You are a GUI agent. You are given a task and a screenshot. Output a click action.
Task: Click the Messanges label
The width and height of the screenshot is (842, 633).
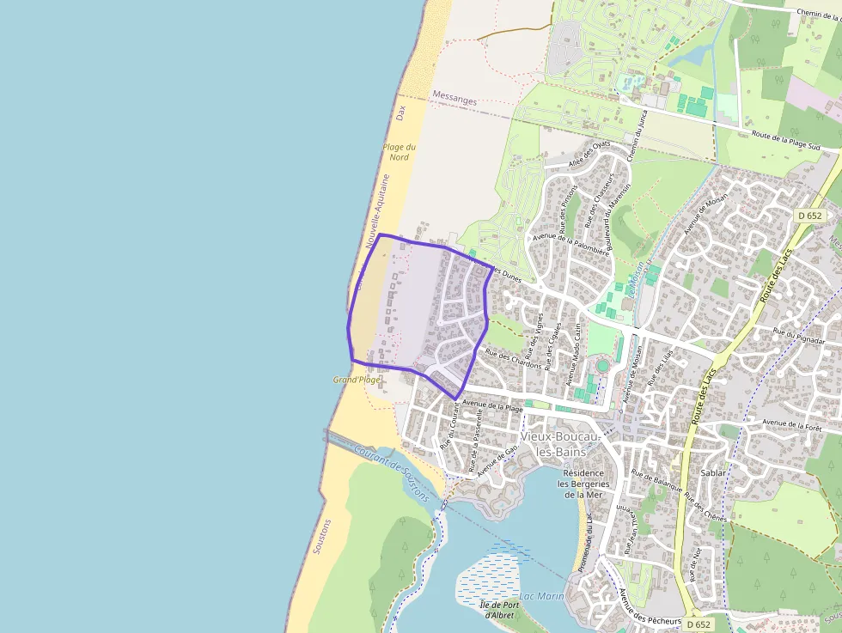455,100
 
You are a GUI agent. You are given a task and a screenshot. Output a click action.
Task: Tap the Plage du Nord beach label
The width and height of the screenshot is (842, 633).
399,152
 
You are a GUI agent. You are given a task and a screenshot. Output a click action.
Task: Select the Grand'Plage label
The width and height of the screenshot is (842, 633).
357,379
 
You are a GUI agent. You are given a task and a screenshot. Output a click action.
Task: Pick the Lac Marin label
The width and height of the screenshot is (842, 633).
542,596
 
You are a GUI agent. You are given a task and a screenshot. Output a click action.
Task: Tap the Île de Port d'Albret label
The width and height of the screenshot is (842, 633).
499,610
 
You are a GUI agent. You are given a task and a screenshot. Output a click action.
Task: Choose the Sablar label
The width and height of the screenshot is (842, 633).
714,472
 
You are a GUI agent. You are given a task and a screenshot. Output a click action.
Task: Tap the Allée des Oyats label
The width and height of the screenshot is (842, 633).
589,155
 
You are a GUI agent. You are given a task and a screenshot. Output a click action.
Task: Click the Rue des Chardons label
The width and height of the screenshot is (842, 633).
513,359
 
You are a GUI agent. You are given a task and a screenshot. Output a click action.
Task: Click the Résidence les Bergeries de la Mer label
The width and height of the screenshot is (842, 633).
583,484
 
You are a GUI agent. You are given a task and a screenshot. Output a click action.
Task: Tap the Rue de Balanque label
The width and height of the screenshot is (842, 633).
657,481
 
